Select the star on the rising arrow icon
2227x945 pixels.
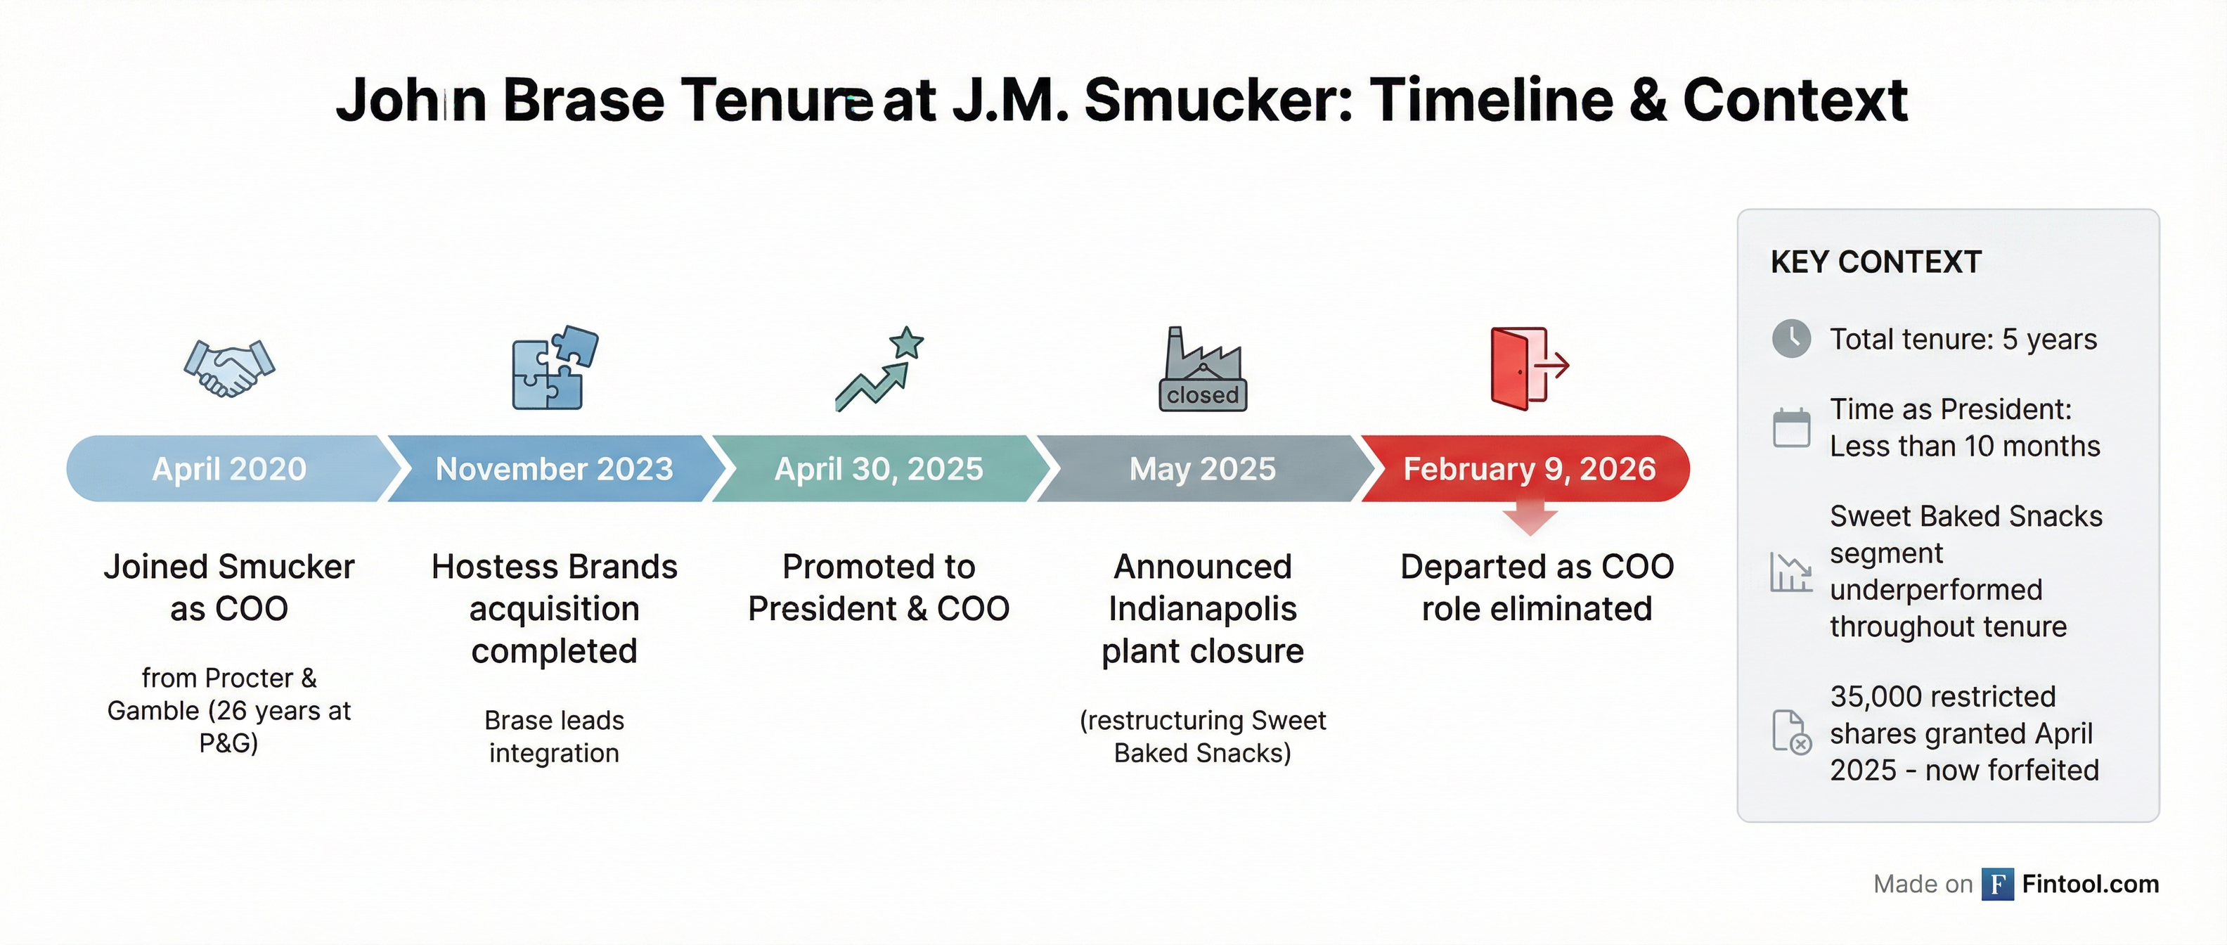(x=906, y=343)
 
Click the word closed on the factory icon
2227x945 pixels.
(x=1203, y=395)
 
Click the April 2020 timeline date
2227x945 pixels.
(x=229, y=468)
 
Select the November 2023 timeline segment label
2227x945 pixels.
(x=554, y=468)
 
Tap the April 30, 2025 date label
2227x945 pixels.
(x=878, y=468)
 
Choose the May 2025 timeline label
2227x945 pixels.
(x=1203, y=468)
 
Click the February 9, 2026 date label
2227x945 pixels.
(x=1530, y=468)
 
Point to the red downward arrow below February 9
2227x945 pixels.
(x=1530, y=520)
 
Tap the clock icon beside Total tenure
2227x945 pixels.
(x=1791, y=339)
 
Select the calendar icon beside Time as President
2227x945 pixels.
(x=1791, y=427)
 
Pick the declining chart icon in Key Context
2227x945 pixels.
(x=1791, y=572)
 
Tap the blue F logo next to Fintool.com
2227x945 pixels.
(x=1998, y=884)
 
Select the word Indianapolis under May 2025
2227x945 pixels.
(x=1203, y=609)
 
